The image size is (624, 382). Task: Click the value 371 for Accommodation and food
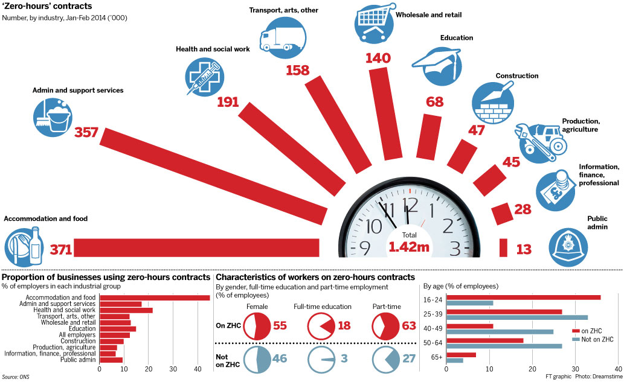(61, 249)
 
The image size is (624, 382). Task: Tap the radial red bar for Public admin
(503, 247)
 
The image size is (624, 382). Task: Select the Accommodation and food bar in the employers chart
(155, 298)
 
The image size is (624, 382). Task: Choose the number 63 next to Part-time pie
(409, 326)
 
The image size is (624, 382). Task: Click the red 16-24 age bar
(523, 297)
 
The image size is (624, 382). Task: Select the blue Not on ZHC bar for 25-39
(516, 317)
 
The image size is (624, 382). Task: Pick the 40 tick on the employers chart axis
(197, 369)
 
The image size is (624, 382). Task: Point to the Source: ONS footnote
(16, 377)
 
